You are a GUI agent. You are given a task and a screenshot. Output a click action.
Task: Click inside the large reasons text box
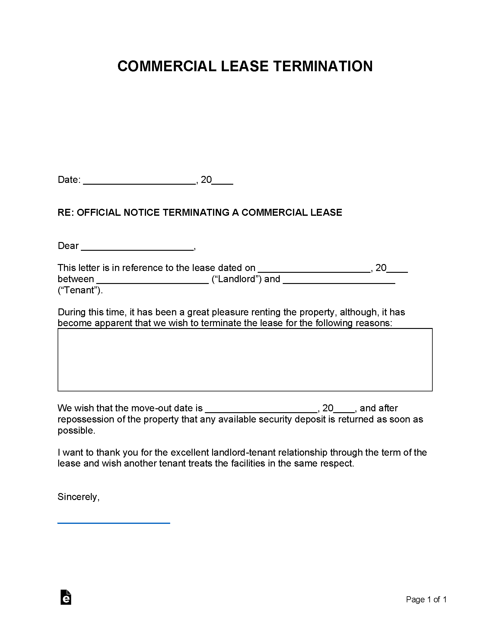[245, 359]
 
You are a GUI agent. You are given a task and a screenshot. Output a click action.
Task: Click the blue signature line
[114, 523]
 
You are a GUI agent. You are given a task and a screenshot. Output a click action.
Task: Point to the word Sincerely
[78, 497]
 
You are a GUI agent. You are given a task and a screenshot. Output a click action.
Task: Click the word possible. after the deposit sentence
[76, 431]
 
